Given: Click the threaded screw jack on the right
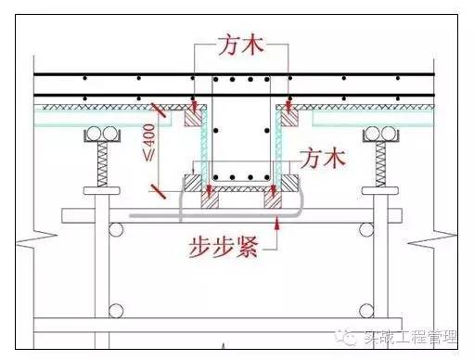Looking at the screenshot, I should tap(383, 167).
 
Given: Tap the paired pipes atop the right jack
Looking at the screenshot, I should tap(383, 136).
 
